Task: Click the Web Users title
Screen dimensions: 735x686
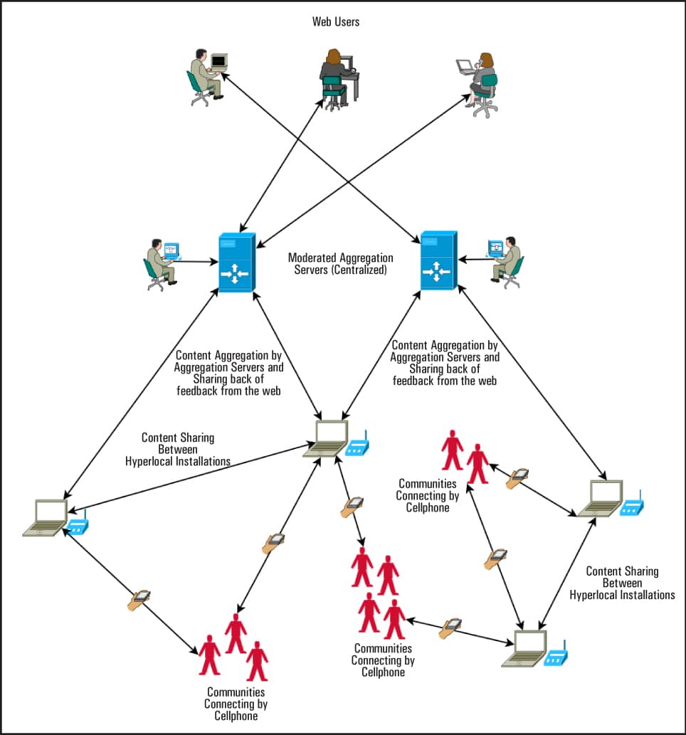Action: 336,21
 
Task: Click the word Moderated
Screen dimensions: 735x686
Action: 312,258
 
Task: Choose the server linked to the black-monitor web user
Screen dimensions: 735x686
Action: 437,260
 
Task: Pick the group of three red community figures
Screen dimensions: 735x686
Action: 234,644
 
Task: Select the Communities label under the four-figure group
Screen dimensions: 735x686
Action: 383,660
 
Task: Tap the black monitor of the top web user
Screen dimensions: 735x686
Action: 218,61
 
